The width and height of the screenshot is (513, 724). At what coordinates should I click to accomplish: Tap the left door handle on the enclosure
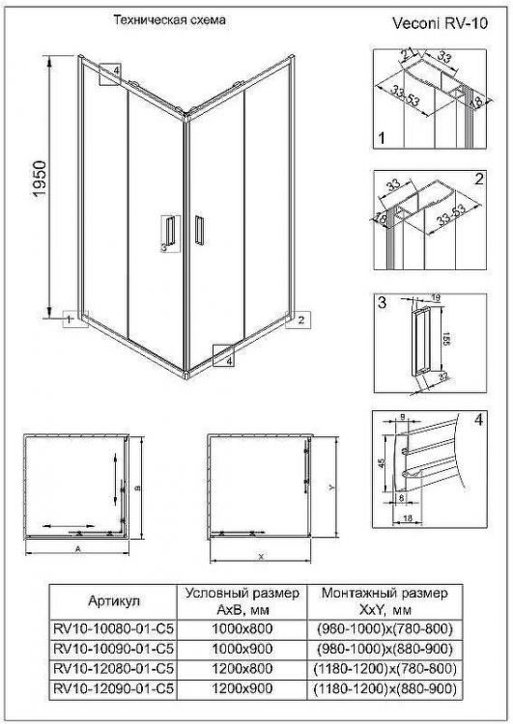(x=169, y=235)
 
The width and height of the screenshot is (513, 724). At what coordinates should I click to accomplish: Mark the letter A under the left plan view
(x=76, y=546)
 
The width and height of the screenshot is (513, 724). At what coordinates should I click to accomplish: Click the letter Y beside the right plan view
(x=329, y=487)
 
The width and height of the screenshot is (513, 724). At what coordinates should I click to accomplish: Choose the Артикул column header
(x=113, y=600)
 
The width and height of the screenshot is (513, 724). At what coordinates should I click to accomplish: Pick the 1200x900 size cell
(x=240, y=687)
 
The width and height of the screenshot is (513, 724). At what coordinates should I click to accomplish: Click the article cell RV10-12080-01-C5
(x=114, y=668)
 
